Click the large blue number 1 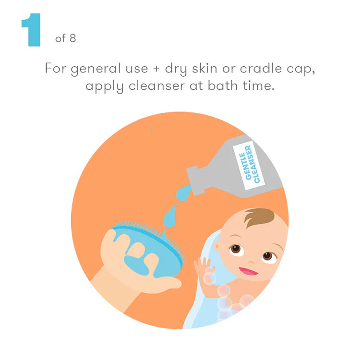pos(31,30)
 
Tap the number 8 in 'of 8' pos(73,38)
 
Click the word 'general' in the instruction pos(96,69)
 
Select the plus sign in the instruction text pos(156,69)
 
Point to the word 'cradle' pos(261,68)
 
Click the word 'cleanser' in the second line pos(156,86)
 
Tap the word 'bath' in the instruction pos(223,85)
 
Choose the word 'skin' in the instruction pos(204,68)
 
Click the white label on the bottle pos(249,165)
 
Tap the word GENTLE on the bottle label pos(245,166)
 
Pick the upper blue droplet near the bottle pos(183,193)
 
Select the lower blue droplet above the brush pos(170,216)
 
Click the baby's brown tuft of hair pos(259,217)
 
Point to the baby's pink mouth pos(249,271)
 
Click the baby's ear pos(216,246)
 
